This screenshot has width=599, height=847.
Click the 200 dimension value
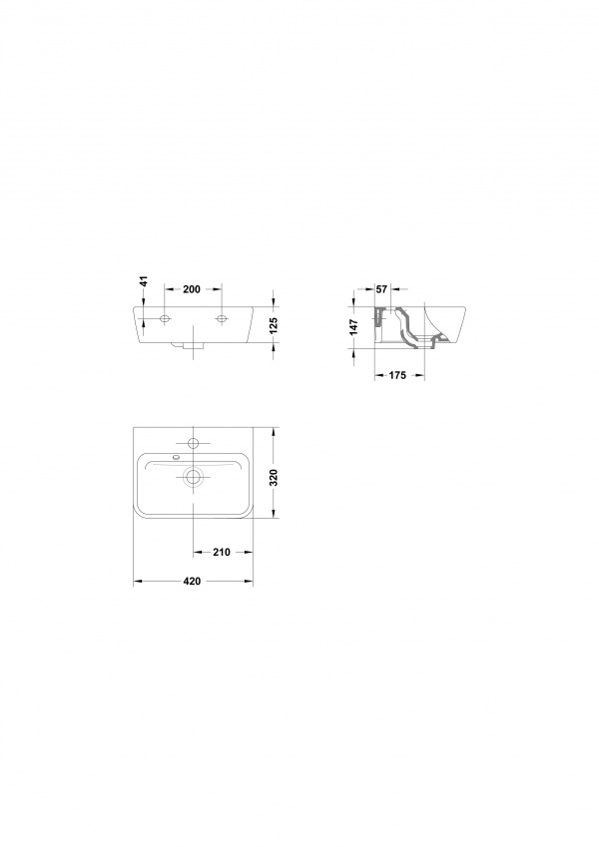point(192,289)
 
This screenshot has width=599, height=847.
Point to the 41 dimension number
point(144,281)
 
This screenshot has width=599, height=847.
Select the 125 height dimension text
point(274,324)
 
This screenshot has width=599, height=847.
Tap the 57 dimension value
point(381,289)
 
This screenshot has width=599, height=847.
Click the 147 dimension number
point(354,327)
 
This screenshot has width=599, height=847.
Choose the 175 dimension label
point(397,375)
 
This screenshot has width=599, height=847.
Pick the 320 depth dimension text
point(274,478)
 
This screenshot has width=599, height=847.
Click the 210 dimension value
point(222,552)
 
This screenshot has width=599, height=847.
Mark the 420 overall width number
point(192,582)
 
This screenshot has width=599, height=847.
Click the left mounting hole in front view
point(165,319)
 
